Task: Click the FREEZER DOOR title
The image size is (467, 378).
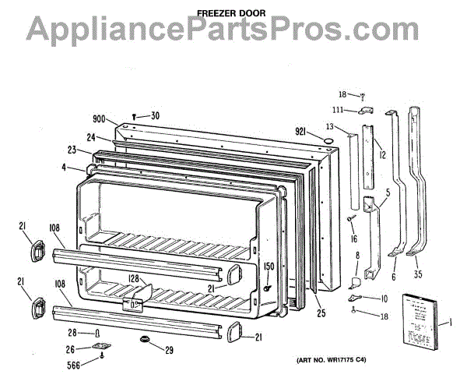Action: click(232, 12)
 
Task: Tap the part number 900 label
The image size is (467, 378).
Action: click(99, 119)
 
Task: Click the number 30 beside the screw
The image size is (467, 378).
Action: click(155, 116)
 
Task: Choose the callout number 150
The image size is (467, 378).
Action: click(269, 267)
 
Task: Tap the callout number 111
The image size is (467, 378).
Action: click(339, 109)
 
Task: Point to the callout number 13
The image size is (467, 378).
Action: click(330, 126)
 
